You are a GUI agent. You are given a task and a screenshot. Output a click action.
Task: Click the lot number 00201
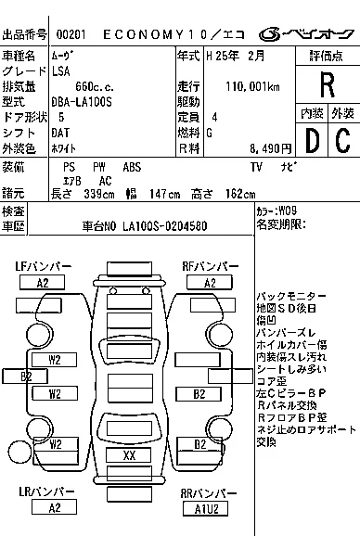[71, 35]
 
